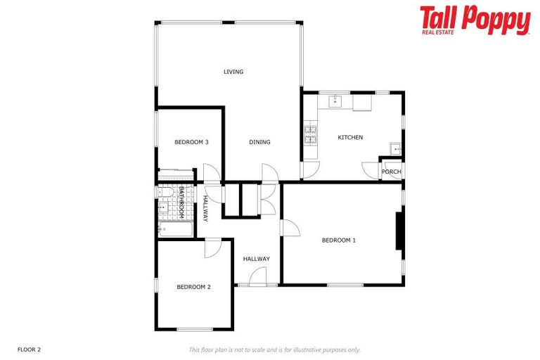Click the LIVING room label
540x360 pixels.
point(233,72)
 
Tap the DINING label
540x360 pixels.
point(259,142)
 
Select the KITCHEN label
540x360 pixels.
point(350,137)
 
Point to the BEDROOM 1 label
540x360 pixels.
point(339,240)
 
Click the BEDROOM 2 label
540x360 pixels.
point(193,287)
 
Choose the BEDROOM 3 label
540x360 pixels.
point(191,142)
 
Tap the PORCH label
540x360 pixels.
point(392,172)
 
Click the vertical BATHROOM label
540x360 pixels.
point(181,201)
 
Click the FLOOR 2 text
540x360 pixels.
point(30,349)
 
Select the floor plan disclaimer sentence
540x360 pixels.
point(275,349)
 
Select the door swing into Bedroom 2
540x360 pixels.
point(212,248)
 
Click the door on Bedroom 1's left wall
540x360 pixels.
point(289,228)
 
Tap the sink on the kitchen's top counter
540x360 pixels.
point(336,101)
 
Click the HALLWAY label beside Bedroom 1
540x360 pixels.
point(257,259)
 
